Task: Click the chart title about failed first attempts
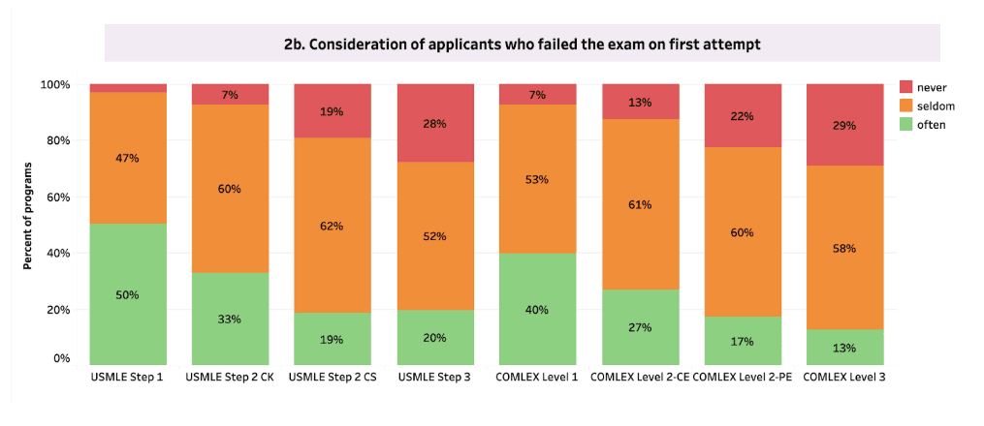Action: [523, 45]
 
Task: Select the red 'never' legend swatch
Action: [906, 87]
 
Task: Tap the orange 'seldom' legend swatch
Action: [906, 106]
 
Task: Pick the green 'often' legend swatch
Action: [906, 125]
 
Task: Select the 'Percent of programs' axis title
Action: [28, 217]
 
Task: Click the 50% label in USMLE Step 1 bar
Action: [128, 295]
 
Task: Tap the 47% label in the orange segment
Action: [128, 158]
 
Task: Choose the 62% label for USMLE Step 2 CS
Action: [332, 226]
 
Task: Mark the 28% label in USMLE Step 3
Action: [434, 124]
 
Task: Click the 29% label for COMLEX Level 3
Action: [844, 125]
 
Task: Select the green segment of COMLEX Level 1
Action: [538, 309]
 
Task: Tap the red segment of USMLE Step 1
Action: [128, 88]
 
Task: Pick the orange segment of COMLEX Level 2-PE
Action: [743, 231]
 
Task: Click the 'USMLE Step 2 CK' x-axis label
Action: [230, 378]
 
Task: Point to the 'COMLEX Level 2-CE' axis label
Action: [640, 378]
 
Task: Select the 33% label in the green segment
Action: [231, 319]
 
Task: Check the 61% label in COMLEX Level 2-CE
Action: [640, 204]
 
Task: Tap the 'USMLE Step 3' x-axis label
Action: [435, 378]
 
